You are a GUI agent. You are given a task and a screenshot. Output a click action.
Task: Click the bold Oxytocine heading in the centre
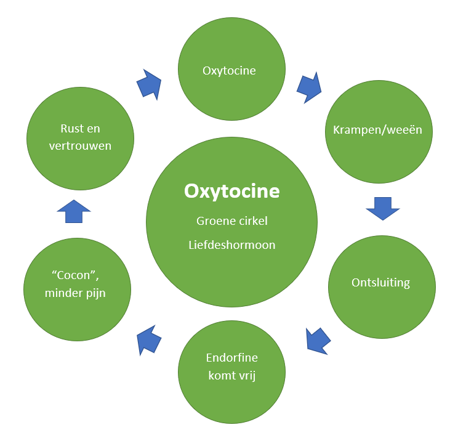click(231, 192)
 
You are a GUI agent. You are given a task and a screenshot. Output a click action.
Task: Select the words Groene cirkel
click(231, 221)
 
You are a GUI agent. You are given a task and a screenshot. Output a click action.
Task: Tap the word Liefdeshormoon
click(231, 245)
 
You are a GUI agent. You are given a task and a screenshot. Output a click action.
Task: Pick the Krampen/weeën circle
click(378, 130)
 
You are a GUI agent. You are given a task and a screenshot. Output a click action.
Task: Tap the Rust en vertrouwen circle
click(80, 137)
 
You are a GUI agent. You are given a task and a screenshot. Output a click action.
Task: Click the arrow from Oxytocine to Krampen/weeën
click(309, 87)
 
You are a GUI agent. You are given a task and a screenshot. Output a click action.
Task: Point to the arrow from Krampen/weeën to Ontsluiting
click(382, 209)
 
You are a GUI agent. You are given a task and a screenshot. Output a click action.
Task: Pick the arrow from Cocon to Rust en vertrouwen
click(74, 211)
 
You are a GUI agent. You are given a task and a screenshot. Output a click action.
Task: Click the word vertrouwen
click(80, 145)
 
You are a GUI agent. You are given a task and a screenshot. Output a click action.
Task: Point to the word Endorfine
click(231, 358)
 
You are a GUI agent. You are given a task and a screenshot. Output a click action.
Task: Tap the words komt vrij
click(231, 375)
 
